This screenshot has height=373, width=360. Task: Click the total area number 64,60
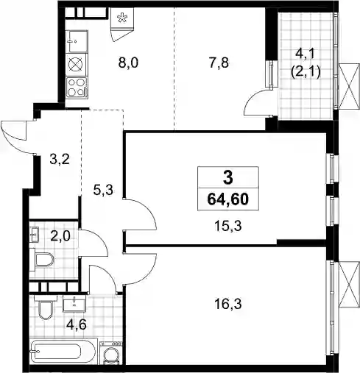(228, 199)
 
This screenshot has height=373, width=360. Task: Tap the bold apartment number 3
(228, 178)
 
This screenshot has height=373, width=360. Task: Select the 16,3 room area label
(228, 304)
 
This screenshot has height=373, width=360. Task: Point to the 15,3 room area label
(228, 226)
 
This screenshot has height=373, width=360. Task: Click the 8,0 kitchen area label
(128, 63)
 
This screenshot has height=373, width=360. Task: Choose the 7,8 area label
(219, 63)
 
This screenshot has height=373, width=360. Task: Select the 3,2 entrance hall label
(60, 160)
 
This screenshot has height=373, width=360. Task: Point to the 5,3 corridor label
(103, 190)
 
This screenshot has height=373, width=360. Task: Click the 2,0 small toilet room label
(60, 236)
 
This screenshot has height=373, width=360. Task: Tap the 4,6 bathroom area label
(77, 325)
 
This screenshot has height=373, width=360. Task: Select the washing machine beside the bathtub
(110, 352)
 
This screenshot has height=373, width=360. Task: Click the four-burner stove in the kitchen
(77, 88)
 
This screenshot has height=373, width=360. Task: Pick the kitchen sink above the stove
(77, 41)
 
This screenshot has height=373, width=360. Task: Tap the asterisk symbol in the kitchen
(122, 18)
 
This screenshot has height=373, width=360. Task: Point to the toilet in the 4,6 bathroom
(46, 307)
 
